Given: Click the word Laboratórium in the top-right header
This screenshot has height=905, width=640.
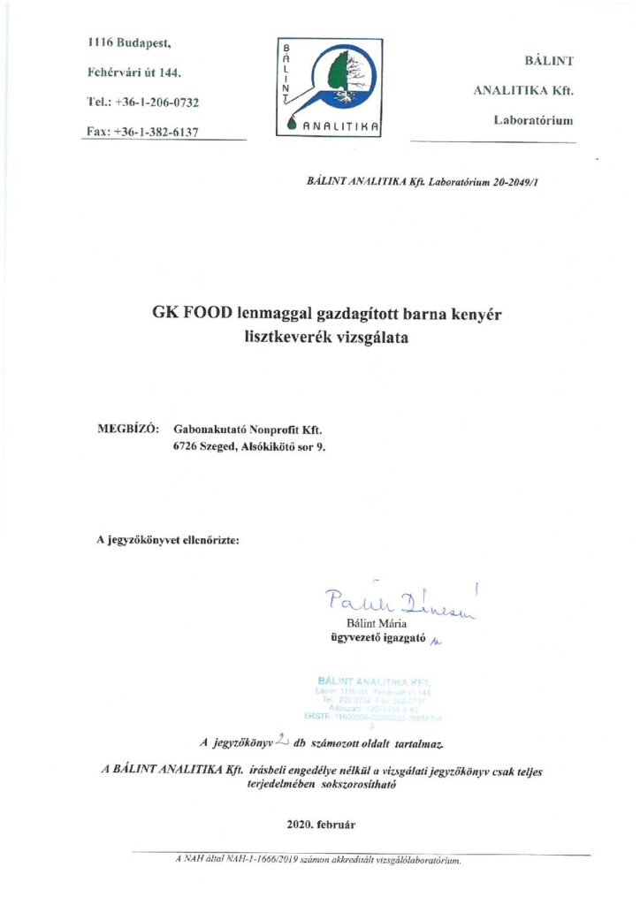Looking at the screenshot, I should pyautogui.click(x=533, y=119).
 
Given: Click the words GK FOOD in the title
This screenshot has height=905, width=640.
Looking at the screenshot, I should pyautogui.click(x=192, y=313).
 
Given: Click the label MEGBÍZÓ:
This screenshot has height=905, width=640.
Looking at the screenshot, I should pyautogui.click(x=128, y=429).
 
